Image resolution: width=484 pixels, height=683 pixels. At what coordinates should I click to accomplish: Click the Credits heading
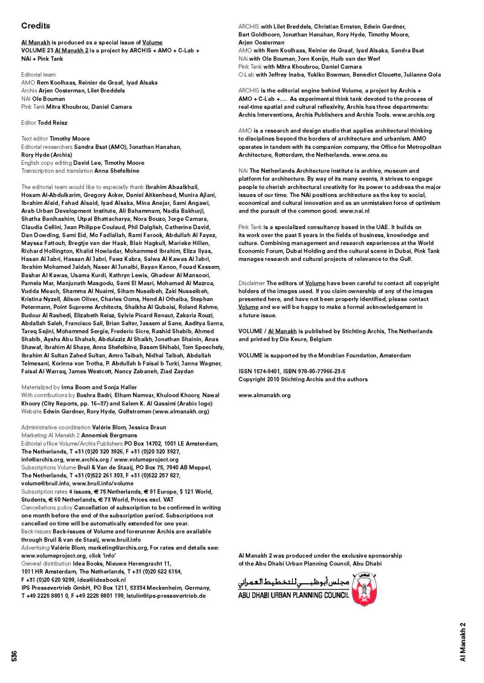[36, 26]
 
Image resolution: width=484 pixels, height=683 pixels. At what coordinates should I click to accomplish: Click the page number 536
[14, 656]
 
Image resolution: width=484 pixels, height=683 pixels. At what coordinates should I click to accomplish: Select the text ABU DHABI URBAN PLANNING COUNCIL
[294, 595]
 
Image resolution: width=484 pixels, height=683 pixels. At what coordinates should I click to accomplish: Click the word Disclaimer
[251, 283]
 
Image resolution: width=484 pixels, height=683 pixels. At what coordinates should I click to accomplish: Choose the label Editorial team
[38, 75]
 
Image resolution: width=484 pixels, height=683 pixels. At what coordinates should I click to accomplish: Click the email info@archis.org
[42, 459]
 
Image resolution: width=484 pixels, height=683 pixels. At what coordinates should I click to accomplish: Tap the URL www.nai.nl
[354, 211]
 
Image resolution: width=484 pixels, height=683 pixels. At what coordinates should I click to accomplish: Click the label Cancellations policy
[47, 508]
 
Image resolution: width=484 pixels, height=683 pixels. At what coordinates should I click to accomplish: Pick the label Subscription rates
[44, 492]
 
